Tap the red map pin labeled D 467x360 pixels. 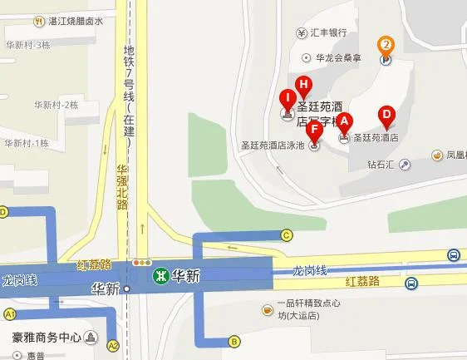pyautogui.click(x=386, y=116)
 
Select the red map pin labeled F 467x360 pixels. pyautogui.click(x=314, y=131)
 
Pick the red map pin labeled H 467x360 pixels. pyautogui.click(x=303, y=85)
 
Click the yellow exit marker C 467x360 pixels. pyautogui.click(x=288, y=234)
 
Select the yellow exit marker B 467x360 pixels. pyautogui.click(x=235, y=341)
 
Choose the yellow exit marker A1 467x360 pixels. pyautogui.click(x=11, y=314)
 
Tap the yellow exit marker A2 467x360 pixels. pyautogui.click(x=113, y=345)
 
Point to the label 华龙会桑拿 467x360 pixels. pyautogui.click(x=340, y=58)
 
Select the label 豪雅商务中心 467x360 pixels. pyautogui.click(x=47, y=338)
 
